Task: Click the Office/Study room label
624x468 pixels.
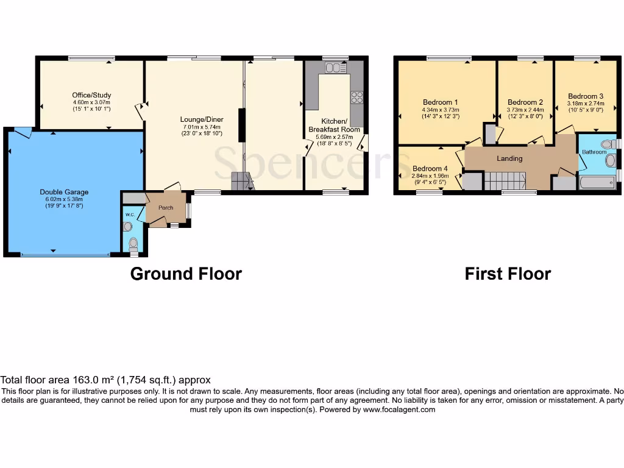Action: [x=91, y=95]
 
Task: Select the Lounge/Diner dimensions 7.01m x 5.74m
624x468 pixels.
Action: [x=200, y=127]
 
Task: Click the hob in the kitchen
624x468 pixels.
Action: [x=357, y=97]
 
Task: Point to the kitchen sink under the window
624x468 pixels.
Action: [x=335, y=66]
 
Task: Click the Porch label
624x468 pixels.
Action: [x=166, y=208]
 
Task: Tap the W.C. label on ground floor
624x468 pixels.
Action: [x=130, y=214]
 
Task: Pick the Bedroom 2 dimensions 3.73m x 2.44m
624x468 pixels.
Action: [x=525, y=110]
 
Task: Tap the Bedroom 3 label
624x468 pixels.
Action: [x=585, y=96]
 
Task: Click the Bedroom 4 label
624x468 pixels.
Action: [x=430, y=169]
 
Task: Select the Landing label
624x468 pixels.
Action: [x=509, y=158]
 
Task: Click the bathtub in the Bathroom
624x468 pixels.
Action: [x=597, y=182]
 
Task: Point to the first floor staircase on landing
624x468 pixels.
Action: [x=505, y=180]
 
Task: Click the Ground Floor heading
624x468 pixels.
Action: [x=186, y=274]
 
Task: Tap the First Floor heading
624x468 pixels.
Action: [x=508, y=274]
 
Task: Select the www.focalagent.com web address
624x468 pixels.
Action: [x=399, y=409]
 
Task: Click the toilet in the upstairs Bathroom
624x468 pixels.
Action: [x=606, y=144]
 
